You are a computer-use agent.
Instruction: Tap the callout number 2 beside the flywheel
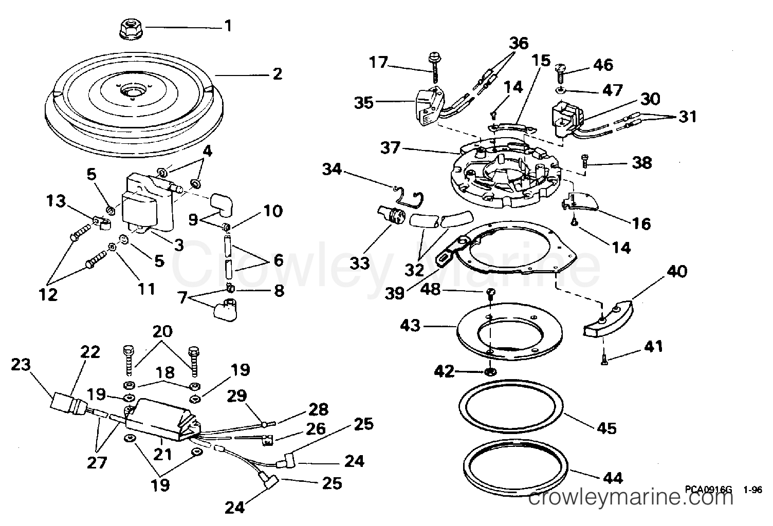(277, 74)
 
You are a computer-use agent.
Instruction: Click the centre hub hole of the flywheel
(131, 92)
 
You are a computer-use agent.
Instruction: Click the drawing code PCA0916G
(708, 490)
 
